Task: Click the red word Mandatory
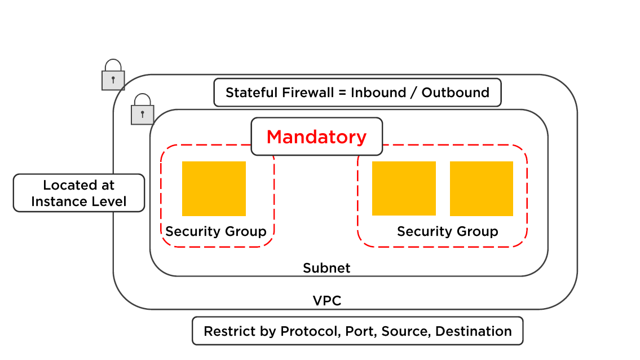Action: (316, 137)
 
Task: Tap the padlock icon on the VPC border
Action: (113, 75)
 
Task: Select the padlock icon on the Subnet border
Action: (143, 109)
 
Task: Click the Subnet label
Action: (326, 268)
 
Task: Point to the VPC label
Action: (327, 301)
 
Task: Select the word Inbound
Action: (378, 93)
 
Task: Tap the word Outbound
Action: (456, 93)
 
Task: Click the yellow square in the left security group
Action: (214, 188)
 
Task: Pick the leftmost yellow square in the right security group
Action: (404, 188)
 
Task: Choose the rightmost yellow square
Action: (482, 188)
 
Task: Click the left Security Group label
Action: (216, 231)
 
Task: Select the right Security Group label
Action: (448, 231)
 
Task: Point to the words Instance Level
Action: (79, 201)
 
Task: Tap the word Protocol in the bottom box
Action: (311, 331)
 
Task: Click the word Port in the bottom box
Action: (361, 331)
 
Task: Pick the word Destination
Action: (474, 331)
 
